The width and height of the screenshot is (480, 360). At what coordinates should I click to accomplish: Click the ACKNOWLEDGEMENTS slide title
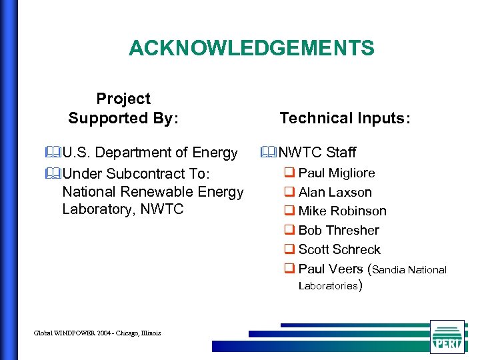(x=251, y=48)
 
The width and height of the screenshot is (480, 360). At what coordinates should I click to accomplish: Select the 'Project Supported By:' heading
(x=123, y=109)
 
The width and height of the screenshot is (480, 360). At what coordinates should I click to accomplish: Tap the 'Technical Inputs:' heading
(x=345, y=118)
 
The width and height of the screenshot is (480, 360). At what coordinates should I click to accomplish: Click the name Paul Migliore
(x=336, y=173)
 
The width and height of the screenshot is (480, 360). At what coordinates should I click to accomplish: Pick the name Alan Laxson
(x=335, y=193)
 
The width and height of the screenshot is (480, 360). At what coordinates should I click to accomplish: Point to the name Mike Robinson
(x=342, y=211)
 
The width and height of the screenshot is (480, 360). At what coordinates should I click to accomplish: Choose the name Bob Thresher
(x=339, y=231)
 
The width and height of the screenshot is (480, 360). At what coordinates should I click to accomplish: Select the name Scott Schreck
(x=339, y=250)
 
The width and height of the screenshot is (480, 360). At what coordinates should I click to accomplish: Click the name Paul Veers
(x=330, y=269)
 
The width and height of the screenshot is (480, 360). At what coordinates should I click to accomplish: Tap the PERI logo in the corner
(x=447, y=337)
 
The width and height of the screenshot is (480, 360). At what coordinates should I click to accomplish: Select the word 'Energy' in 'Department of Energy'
(x=215, y=153)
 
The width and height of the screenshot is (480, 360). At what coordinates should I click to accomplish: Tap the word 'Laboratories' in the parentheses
(x=328, y=286)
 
